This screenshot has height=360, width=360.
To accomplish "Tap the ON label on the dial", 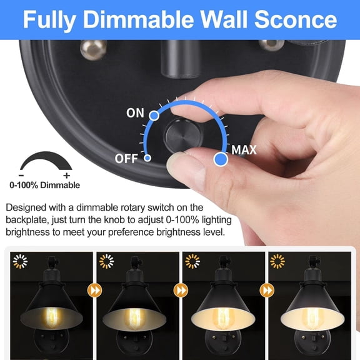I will click(x=135, y=113).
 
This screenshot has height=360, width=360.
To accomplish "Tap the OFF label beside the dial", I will click(x=126, y=159).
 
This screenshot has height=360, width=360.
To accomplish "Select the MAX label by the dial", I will click(x=244, y=150).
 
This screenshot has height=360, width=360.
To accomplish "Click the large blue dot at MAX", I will click(x=219, y=159).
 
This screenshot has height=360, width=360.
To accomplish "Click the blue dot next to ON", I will click(x=154, y=114).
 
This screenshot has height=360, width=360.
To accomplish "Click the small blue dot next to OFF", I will click(x=147, y=158).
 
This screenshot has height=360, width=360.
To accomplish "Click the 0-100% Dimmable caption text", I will click(x=44, y=185).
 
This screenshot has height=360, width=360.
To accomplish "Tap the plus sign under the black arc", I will click(x=67, y=175).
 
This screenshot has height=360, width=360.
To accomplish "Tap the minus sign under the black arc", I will click(x=22, y=175).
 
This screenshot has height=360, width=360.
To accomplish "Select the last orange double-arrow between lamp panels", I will click(x=267, y=290).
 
